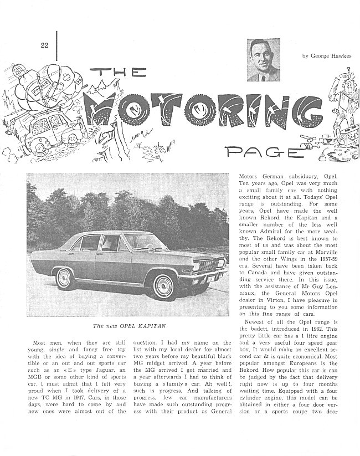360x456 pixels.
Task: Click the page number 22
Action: click(44, 45)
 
